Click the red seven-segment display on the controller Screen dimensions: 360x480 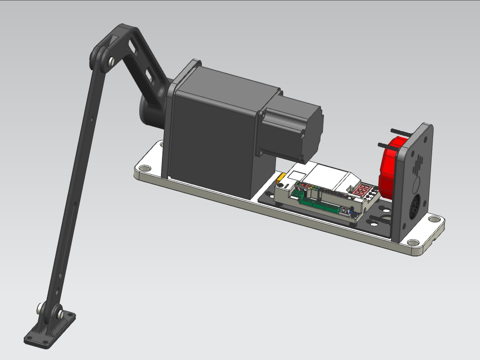coord(363,191)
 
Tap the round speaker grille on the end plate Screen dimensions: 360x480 coord(414,209)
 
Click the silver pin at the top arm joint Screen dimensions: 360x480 coord(112,61)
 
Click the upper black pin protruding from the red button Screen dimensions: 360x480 coord(397,132)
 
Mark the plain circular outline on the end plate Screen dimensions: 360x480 coord(415,186)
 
